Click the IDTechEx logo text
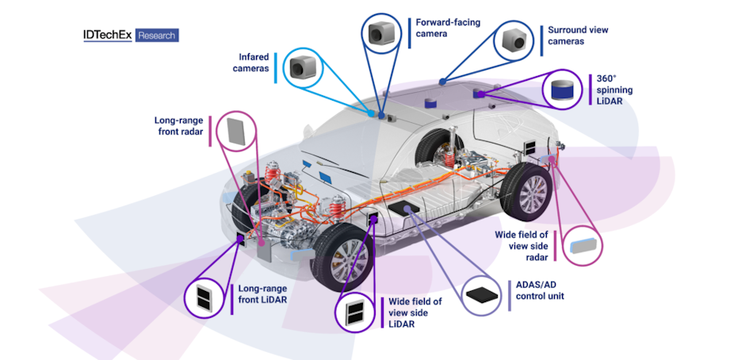[x=108, y=35]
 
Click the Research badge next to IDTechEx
[x=157, y=35]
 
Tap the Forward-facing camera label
[x=443, y=28]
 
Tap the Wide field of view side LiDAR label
[x=415, y=312]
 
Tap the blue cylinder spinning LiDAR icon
[x=563, y=90]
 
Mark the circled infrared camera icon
[x=302, y=68]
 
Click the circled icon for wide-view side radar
[x=583, y=243]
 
